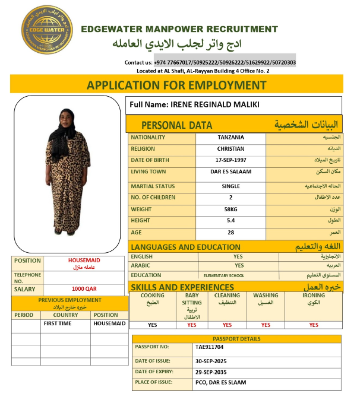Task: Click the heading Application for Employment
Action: click(176, 85)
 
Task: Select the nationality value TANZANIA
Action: click(230, 138)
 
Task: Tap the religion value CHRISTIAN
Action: click(230, 149)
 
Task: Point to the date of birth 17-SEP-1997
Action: click(230, 161)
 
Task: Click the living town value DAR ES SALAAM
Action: click(230, 172)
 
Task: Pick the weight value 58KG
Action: click(230, 209)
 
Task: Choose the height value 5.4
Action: click(230, 221)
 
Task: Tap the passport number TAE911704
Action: click(210, 347)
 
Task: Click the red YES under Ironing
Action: click(314, 325)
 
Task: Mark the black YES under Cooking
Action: click(153, 325)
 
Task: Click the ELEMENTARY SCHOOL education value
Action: click(223, 276)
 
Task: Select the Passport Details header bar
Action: click(236, 339)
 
